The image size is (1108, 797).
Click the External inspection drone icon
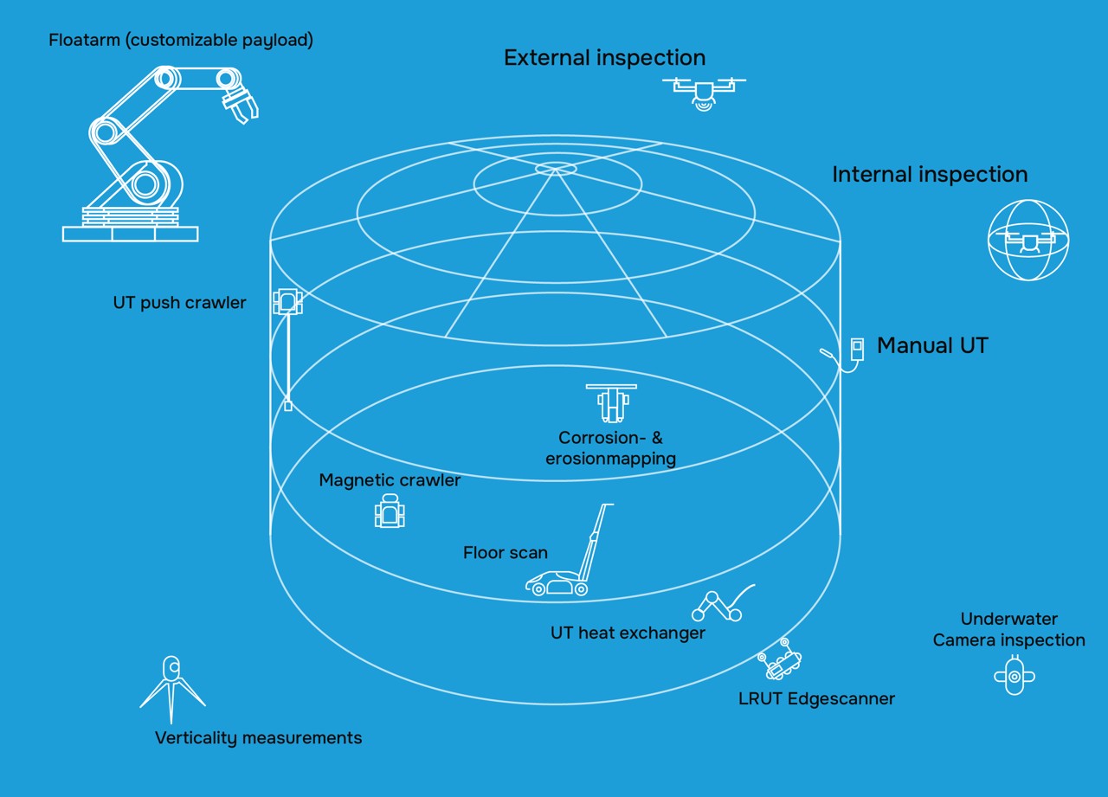coord(704,90)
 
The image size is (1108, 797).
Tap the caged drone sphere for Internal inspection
coord(1028,240)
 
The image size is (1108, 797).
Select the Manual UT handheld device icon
coord(857,349)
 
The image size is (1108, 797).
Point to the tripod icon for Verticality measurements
coord(172,688)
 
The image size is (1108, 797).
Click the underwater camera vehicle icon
coord(1015,676)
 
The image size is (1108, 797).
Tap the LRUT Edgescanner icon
coord(781,661)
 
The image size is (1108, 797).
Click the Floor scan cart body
coord(556,584)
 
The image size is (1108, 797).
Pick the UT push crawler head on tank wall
coord(287,302)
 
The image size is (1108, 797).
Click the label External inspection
coord(604,58)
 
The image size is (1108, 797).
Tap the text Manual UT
coord(932,345)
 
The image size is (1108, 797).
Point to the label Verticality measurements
coord(258,738)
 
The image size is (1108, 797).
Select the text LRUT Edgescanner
coord(816,698)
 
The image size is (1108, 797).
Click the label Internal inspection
coord(930,174)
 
